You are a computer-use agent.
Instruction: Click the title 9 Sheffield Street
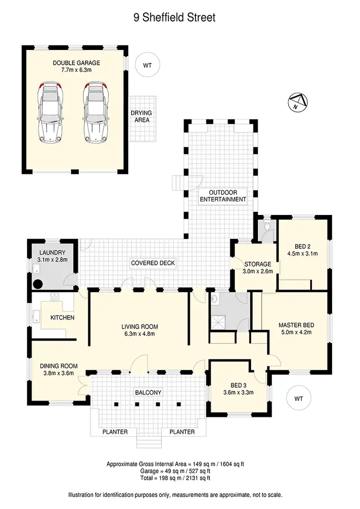coord(174,18)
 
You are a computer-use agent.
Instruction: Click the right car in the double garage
coord(95,112)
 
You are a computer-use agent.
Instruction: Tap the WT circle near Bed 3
coord(299,398)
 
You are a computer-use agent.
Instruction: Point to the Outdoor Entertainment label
coord(223,196)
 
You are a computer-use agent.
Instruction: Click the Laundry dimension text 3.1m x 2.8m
coord(53,260)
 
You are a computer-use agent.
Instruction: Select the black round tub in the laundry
coord(37,284)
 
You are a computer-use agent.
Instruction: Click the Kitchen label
coord(62,318)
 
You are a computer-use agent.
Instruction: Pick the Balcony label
coord(148,392)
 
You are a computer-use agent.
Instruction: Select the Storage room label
coord(258,264)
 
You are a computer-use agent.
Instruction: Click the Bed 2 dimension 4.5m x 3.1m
coord(302,253)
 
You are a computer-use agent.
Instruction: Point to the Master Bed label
coord(296,325)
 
